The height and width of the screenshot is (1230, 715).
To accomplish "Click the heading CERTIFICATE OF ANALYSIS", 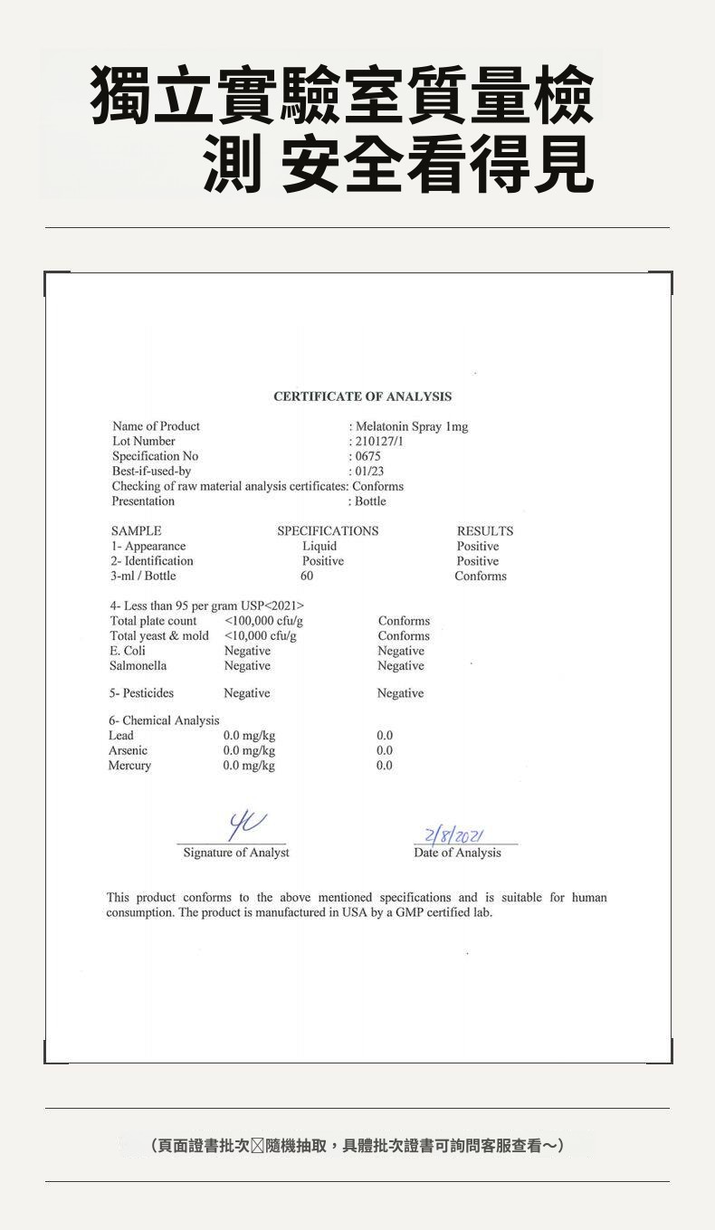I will point(362,396).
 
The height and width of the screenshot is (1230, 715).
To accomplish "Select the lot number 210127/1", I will point(379,442).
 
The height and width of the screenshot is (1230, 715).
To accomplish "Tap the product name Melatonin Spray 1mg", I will point(412,426).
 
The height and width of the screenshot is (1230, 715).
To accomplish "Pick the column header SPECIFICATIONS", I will point(328,531).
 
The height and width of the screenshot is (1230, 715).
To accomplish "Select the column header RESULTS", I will point(485,531).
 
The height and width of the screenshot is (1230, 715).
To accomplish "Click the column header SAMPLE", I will point(136,531).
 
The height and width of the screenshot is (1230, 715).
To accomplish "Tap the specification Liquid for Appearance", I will point(319,547).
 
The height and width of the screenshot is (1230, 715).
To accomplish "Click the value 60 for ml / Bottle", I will point(307,577).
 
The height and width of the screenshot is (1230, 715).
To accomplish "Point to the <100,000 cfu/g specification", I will point(263,621).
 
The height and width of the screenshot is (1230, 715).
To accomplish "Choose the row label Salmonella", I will point(138,666).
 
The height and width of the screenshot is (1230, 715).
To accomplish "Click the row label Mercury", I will point(129,766).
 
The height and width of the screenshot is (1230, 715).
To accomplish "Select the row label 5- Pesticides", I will point(142,693).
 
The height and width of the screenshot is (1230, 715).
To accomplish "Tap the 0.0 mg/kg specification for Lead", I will point(249,736).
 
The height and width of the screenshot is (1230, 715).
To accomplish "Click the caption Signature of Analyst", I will point(236,853).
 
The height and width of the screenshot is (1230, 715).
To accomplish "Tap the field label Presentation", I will point(143,501).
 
